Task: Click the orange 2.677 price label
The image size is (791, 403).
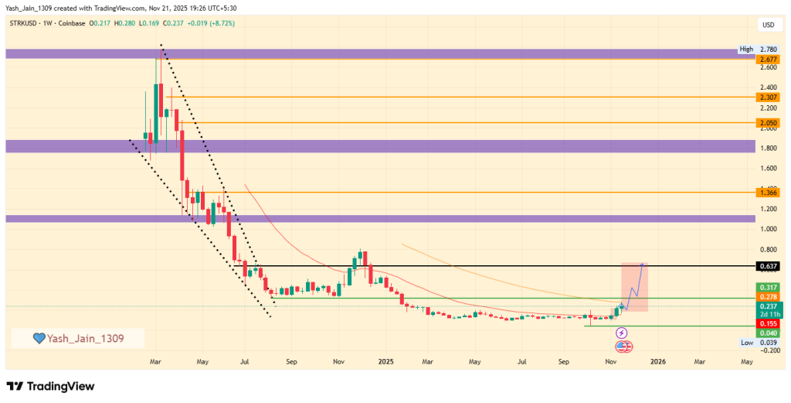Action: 768,59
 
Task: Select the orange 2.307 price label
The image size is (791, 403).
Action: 768,97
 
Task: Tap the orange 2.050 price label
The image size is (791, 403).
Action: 768,123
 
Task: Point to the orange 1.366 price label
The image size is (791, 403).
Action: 768,192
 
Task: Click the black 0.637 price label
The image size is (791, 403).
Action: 768,266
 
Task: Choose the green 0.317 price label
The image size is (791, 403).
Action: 768,287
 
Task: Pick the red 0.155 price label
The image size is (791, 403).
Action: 768,324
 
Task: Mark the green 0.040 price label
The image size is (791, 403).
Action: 768,333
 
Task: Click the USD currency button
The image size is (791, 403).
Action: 768,25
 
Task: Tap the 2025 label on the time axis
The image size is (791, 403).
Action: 385,360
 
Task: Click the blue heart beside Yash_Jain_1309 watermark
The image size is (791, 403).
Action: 38,339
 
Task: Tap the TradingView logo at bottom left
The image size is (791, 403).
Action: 50,386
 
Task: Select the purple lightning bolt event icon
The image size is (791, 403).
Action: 622,333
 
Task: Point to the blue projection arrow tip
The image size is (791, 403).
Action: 645,265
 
